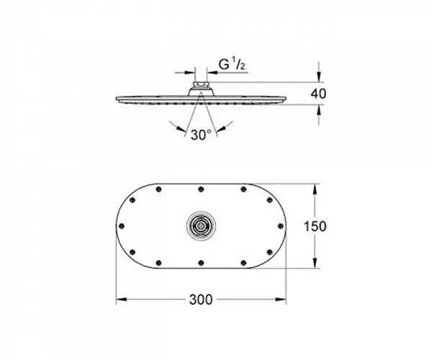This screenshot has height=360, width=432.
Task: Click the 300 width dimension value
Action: point(201,300)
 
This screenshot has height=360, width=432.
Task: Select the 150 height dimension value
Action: point(315,226)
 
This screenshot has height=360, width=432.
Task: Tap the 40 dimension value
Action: point(318,94)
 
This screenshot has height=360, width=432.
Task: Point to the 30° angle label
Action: point(201,135)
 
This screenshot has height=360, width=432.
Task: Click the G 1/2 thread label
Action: point(232,65)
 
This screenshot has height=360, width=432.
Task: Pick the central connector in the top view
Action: point(201,226)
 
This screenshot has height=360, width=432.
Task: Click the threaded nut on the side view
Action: point(201,84)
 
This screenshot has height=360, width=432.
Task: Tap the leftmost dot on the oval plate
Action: point(122,226)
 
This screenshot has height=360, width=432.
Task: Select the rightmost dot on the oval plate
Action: point(281,226)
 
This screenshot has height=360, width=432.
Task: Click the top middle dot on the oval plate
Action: point(201,189)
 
